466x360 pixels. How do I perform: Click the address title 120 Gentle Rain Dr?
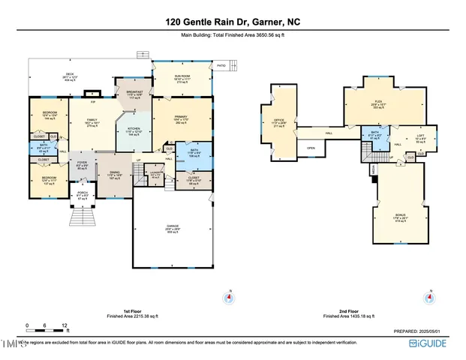click(x=233, y=23)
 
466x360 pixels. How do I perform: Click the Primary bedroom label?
click(x=180, y=118)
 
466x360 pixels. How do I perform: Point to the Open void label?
click(x=311, y=148)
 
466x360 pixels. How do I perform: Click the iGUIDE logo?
click(x=434, y=343)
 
